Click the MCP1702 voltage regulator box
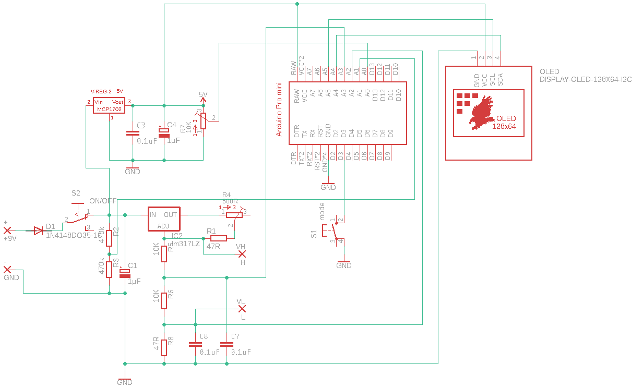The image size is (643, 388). click(x=109, y=106)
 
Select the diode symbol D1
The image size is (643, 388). click(x=38, y=231)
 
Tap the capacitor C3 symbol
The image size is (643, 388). click(x=133, y=134)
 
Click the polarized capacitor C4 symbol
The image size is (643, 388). click(x=164, y=134)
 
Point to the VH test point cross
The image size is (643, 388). click(x=242, y=254)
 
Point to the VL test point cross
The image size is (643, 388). click(x=242, y=309)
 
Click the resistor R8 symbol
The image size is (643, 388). click(x=164, y=347)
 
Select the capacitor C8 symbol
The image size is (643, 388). click(x=195, y=344)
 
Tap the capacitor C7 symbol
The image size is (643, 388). click(x=227, y=344)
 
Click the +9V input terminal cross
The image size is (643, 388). click(x=7, y=230)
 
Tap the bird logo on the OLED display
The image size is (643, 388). click(x=481, y=112)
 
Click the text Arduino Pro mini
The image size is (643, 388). click(x=279, y=109)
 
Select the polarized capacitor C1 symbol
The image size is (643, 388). click(x=125, y=273)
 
